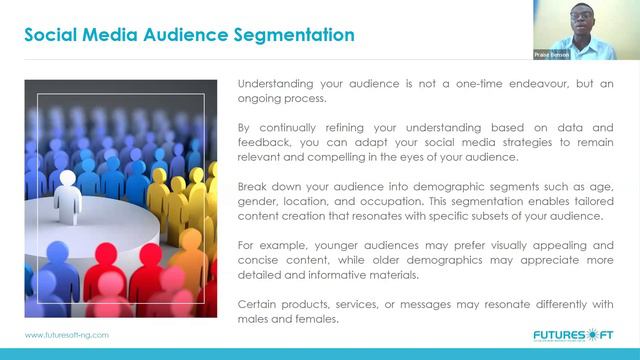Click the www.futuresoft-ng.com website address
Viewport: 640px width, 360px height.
pos(67,336)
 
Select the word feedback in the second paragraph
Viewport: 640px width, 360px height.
pos(266,143)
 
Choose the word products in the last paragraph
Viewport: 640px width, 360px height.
pos(312,303)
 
